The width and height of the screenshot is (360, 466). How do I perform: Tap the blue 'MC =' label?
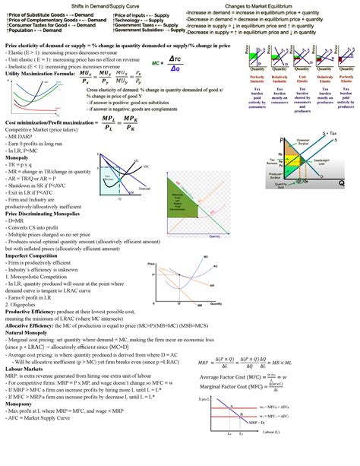coord(157,64)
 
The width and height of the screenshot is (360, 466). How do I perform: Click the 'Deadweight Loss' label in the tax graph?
coord(323,161)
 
